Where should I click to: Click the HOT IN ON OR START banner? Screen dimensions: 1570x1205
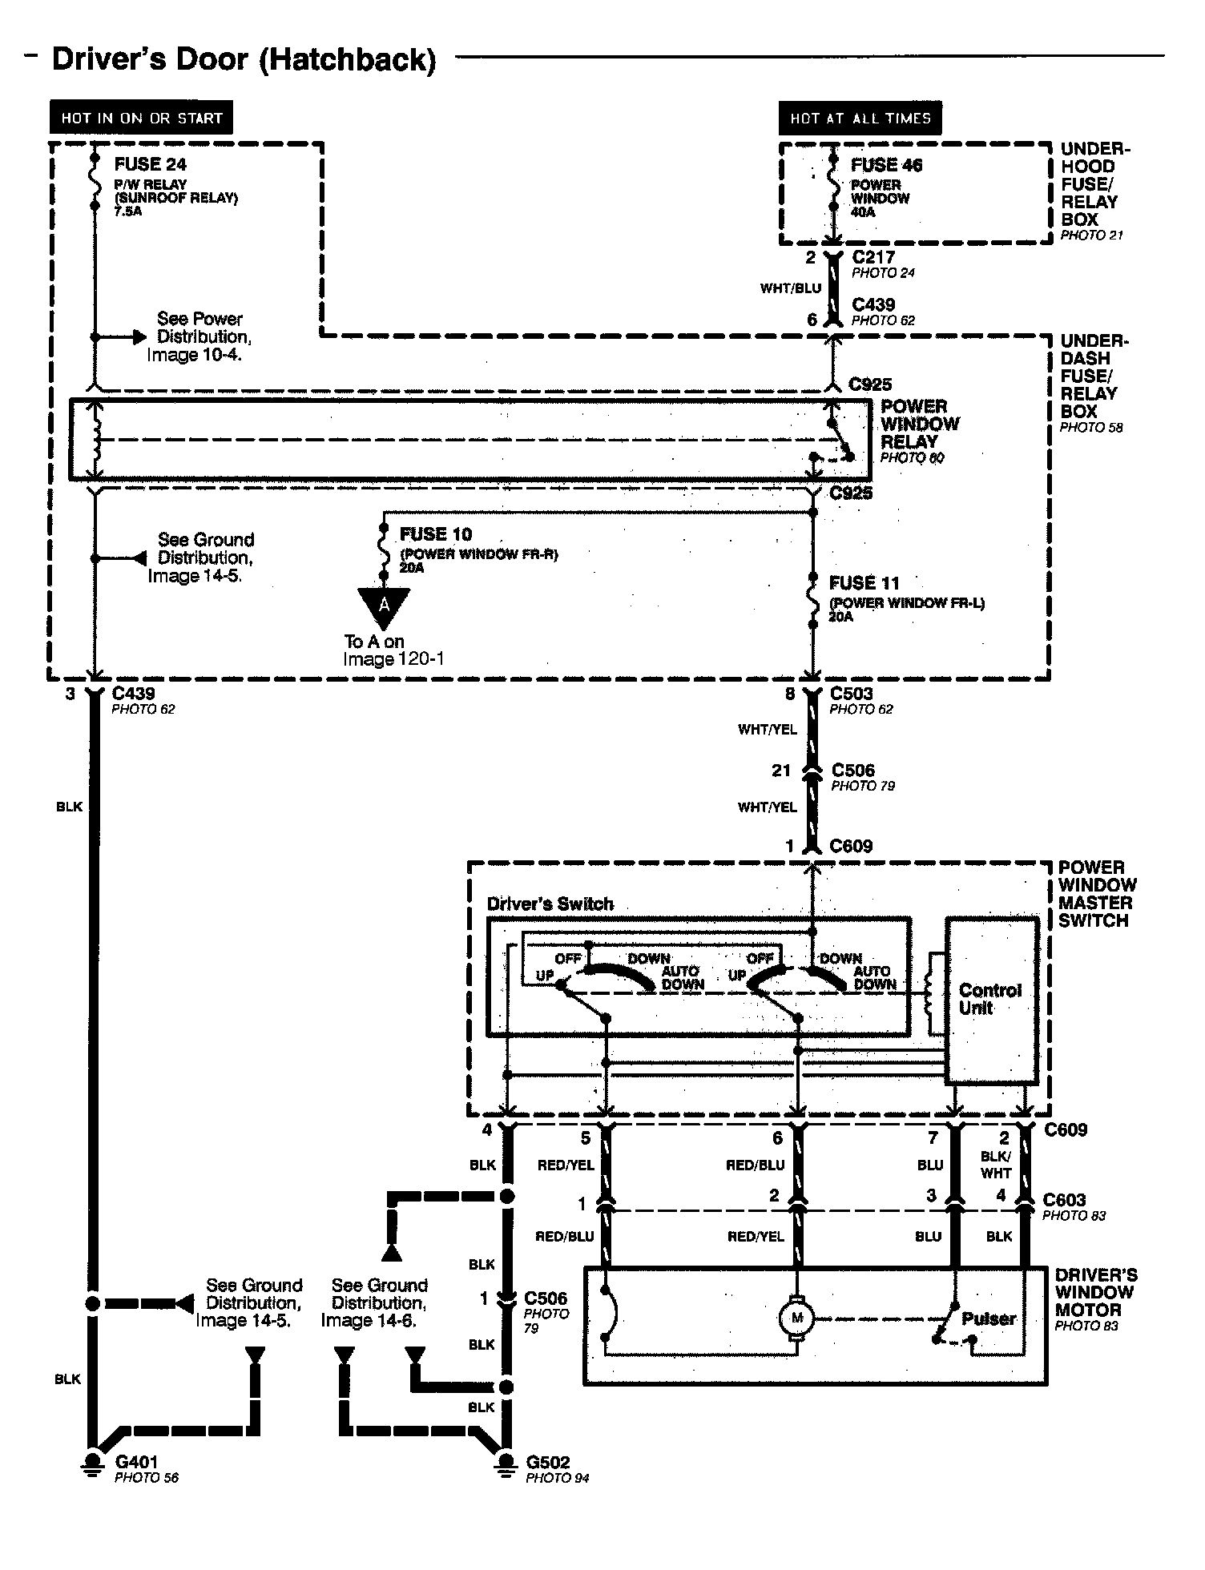tap(141, 118)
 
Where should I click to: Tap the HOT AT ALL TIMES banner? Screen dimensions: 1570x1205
tap(860, 118)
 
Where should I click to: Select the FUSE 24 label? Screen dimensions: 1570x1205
tap(150, 164)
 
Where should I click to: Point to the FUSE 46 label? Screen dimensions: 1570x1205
tap(886, 165)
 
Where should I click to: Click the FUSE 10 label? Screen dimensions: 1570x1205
tap(436, 533)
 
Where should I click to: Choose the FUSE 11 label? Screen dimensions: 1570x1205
tap(864, 582)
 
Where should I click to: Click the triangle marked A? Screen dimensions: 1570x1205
tap(384, 606)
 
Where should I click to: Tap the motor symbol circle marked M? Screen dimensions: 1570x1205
tap(796, 1318)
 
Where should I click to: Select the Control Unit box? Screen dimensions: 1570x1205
tap(990, 1000)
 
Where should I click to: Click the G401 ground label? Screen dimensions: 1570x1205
tap(136, 1463)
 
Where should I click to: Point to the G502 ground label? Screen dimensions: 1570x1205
tap(548, 1463)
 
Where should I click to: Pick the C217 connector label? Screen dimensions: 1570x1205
tap(873, 257)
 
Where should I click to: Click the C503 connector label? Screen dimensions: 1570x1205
tap(851, 693)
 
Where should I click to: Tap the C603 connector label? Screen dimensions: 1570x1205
tap(1064, 1200)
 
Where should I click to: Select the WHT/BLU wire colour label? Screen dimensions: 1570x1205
tap(791, 288)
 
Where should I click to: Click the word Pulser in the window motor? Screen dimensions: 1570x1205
tap(989, 1318)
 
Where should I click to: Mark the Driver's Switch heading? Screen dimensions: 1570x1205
tap(550, 904)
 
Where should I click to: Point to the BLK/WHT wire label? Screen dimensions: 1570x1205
tap(996, 1165)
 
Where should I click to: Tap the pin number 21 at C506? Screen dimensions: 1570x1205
tap(781, 771)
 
